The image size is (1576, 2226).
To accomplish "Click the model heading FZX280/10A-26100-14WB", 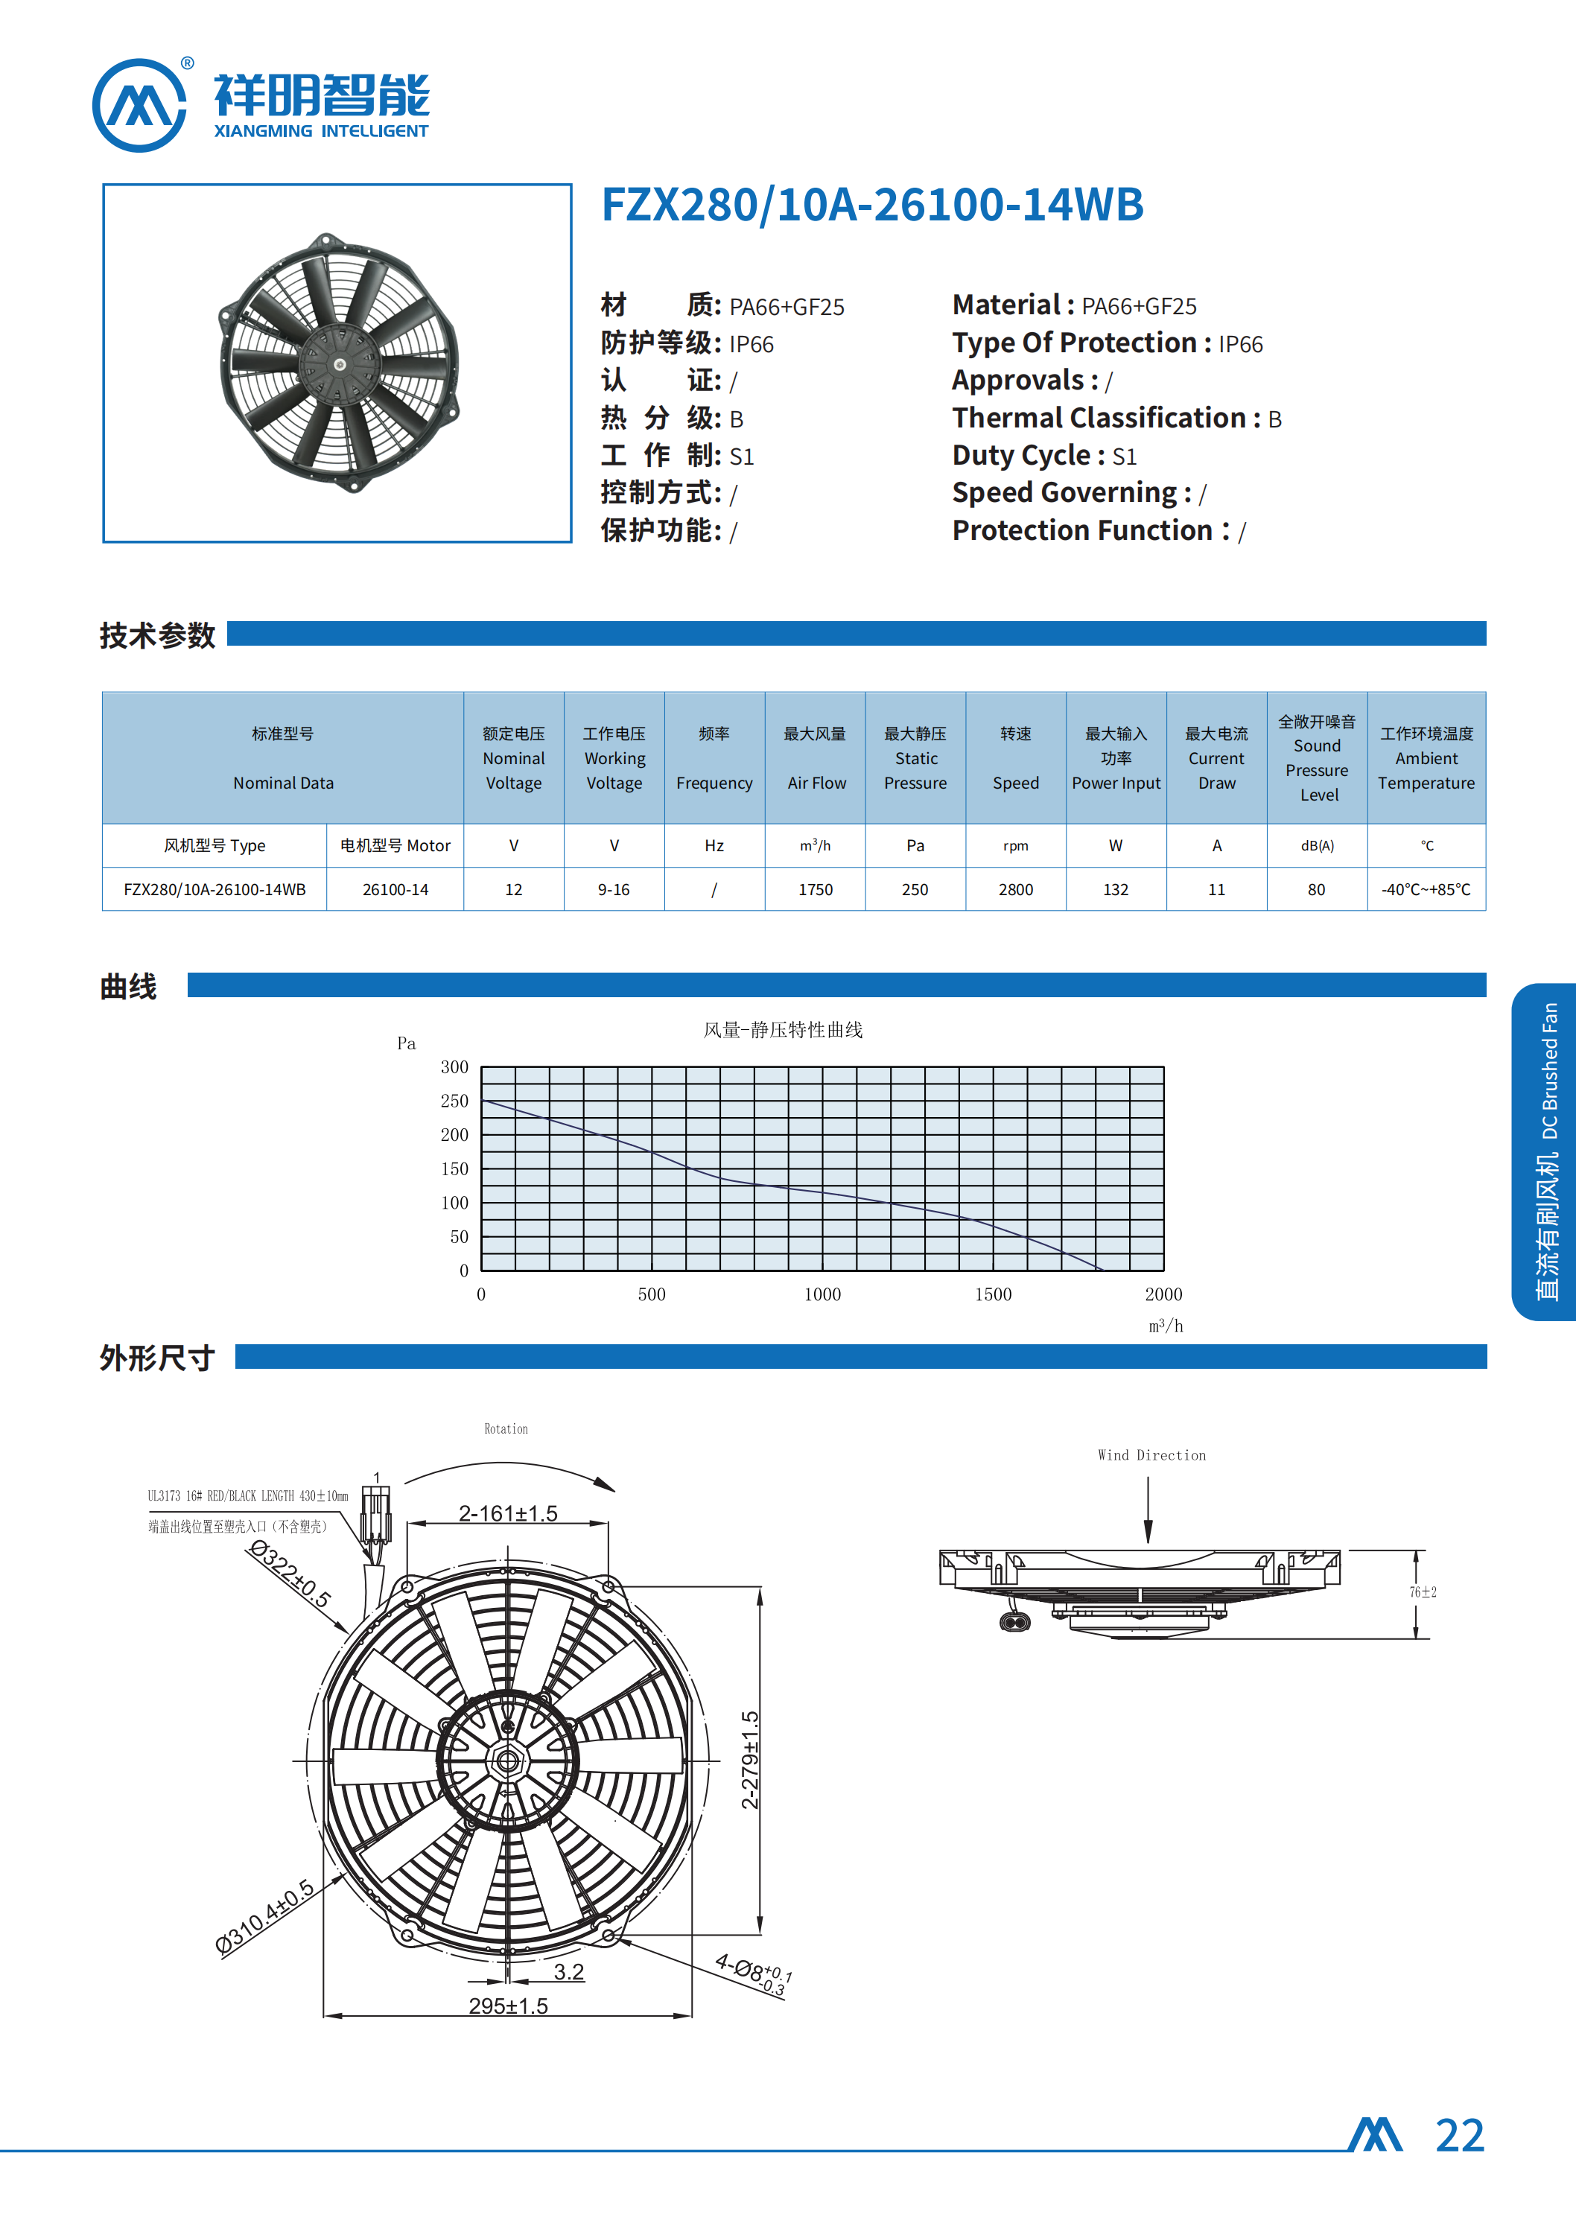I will (871, 205).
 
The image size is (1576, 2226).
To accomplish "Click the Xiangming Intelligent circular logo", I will (139, 105).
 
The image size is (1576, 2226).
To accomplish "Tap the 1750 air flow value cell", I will (815, 889).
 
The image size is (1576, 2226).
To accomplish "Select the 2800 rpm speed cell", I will (1015, 889).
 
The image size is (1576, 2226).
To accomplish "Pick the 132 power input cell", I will (1115, 889).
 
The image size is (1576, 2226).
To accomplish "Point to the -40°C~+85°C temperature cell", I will (1426, 889).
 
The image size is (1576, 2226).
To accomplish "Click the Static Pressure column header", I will (915, 758).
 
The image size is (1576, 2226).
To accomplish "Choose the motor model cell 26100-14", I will (395, 889).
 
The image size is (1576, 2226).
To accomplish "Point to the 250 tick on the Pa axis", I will (454, 1101).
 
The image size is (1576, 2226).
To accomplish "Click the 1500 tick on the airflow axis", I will (993, 1294).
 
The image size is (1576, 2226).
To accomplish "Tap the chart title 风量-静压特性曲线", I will (782, 1029).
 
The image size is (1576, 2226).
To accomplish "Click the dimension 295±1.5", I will (507, 2005).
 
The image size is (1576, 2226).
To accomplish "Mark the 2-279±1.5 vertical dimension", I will (750, 1759).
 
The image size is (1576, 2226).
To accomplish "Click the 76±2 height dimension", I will (1423, 1592).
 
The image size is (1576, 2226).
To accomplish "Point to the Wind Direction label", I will (1152, 1454).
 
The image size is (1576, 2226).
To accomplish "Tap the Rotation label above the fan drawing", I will (506, 1428).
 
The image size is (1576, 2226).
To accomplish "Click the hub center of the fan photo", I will (340, 365).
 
